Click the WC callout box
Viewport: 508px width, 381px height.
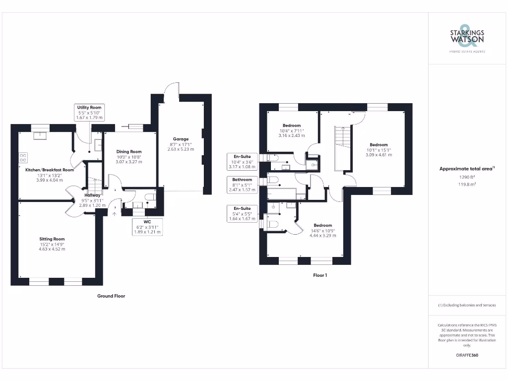[x=147, y=225]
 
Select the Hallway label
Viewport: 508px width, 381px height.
[x=93, y=195]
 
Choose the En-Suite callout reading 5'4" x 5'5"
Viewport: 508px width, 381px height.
[x=242, y=213]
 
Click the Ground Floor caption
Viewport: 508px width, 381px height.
[x=111, y=296]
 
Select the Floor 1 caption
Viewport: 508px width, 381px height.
[x=319, y=275]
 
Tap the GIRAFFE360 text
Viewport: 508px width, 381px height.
[x=467, y=355]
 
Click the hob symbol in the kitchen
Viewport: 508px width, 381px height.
[x=23, y=158]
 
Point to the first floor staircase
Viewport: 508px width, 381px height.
[x=343, y=146]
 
